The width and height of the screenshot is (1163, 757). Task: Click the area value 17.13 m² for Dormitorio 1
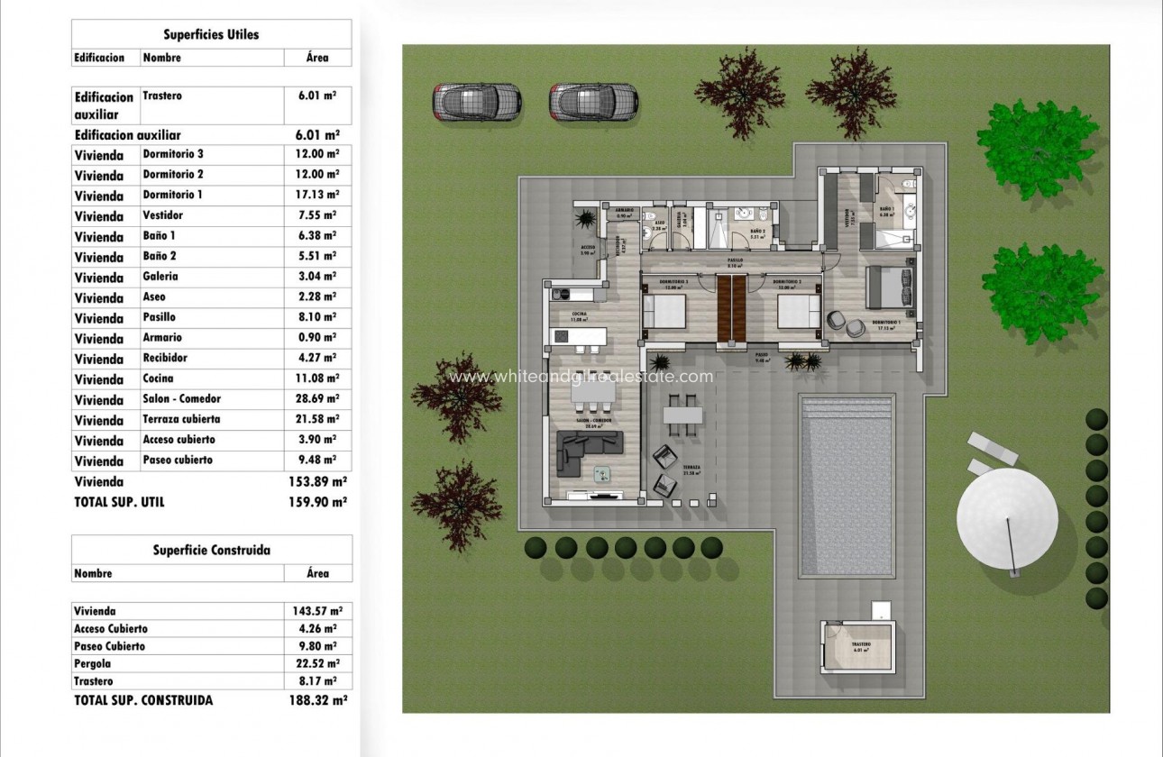317,195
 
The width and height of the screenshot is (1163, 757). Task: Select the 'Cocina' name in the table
159,379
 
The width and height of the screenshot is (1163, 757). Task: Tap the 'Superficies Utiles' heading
211,35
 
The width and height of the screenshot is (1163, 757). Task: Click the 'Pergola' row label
94,664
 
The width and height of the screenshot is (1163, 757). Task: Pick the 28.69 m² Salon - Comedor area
317,399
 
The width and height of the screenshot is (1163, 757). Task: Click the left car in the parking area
477,101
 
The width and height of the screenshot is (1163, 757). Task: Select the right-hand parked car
593,101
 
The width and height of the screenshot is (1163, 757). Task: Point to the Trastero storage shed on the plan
860,650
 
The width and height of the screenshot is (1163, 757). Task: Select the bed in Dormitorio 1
887,289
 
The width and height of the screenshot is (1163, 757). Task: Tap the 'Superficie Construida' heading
211,550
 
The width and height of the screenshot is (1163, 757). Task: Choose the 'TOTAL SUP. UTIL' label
120,502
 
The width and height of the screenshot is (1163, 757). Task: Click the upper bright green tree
1037,148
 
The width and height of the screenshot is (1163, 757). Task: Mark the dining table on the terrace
682,415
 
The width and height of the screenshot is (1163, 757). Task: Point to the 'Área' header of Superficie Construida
317,573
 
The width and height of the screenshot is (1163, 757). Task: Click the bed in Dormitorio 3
664,312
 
